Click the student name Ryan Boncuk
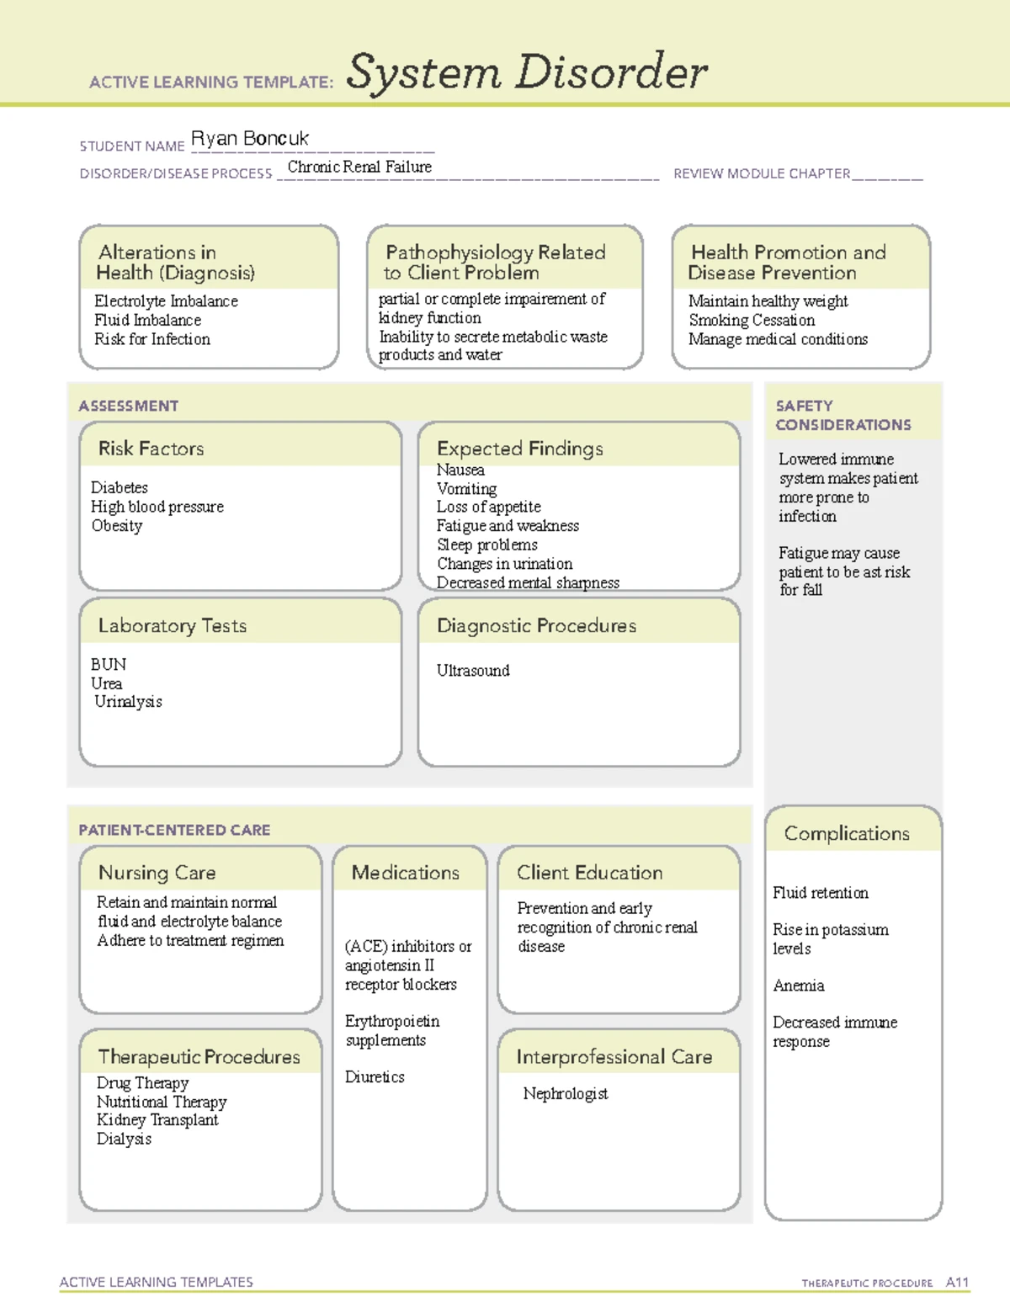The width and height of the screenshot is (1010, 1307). tap(250, 139)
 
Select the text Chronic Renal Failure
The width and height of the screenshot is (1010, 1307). tap(359, 167)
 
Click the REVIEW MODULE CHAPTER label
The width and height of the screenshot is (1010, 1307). tap(762, 174)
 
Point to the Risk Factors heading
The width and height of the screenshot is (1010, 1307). tap(151, 449)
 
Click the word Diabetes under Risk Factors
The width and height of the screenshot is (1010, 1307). tap(120, 487)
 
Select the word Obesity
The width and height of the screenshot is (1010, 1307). tap(117, 525)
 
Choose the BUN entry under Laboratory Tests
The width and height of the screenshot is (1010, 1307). tap(109, 664)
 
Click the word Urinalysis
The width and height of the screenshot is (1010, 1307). tap(128, 701)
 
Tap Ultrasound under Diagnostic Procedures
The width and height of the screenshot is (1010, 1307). tap(473, 671)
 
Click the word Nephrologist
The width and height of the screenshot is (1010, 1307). tap(566, 1093)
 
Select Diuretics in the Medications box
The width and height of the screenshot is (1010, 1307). tap(375, 1076)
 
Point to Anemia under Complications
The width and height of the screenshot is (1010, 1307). tap(799, 986)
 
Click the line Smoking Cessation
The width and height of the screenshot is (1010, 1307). tap(752, 320)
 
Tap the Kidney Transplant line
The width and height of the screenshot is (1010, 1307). tap(157, 1120)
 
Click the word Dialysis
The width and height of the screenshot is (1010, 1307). tap(124, 1139)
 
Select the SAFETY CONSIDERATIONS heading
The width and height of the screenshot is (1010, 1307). tap(843, 415)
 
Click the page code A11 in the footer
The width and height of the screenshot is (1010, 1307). tap(957, 1283)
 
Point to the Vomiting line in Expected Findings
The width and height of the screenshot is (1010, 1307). tap(466, 488)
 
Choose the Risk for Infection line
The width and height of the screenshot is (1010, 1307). tap(152, 339)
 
